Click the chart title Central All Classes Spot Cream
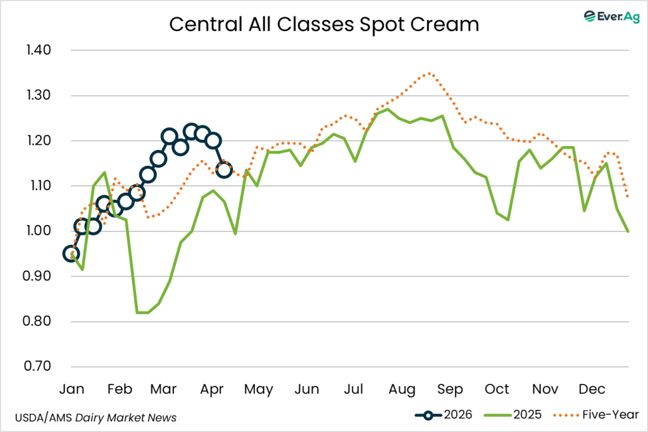[323, 24]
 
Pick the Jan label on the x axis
[73, 388]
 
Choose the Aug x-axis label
[401, 388]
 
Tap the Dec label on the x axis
[592, 388]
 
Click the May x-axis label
[259, 388]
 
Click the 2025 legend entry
[513, 415]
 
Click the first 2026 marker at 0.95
[72, 254]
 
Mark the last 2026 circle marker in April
[224, 170]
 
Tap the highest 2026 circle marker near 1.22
[191, 132]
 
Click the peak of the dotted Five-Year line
[429, 73]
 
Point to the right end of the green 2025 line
[628, 231]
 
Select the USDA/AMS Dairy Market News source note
[96, 417]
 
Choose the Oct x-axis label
[497, 388]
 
